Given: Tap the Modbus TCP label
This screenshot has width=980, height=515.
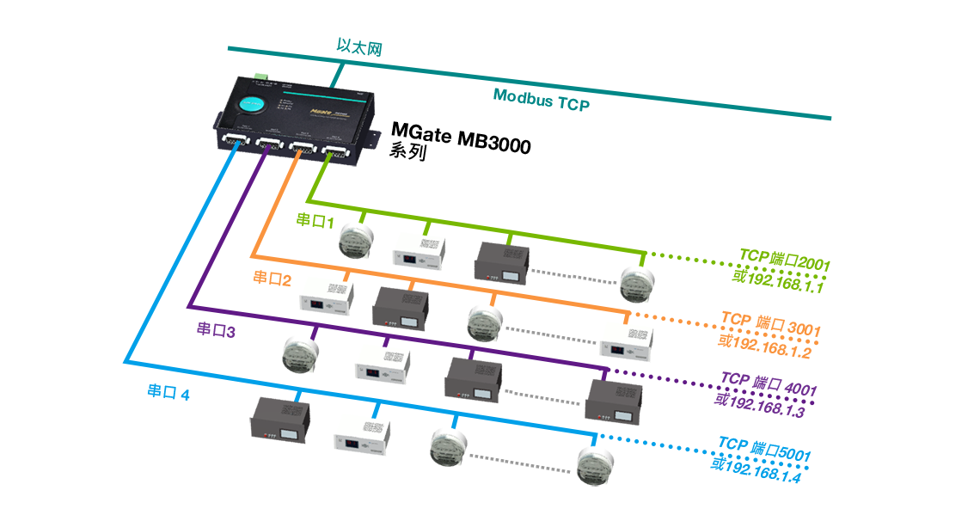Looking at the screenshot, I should coord(542,100).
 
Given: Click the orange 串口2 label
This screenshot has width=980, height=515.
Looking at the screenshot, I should coord(273,278).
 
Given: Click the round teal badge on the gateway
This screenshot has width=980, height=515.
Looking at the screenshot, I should coord(250,104).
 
